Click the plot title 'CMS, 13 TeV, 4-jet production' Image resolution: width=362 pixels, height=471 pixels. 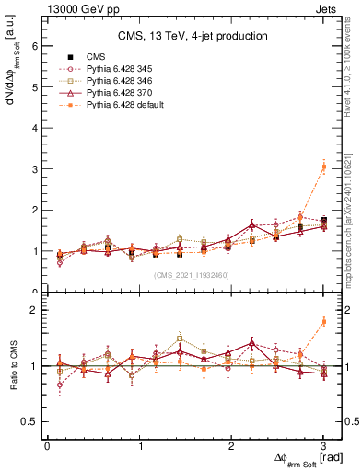193,36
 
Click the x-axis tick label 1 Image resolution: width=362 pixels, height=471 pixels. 140,446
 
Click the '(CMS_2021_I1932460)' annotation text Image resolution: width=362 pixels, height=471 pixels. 192,275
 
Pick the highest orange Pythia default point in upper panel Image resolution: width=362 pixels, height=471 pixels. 323,167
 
